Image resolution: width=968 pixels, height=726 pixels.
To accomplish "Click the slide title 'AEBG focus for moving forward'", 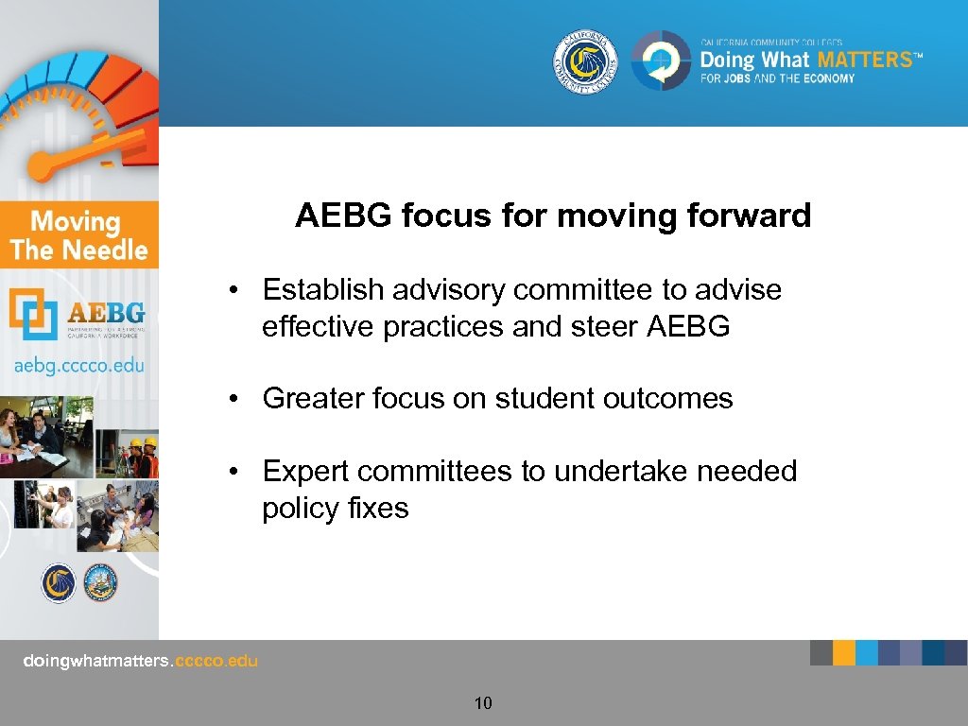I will click(553, 216).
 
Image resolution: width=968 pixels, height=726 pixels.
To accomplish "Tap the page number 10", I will click(483, 702).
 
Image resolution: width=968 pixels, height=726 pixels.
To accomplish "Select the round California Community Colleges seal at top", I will click(585, 61).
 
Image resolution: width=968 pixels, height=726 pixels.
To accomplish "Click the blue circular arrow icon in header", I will click(661, 61).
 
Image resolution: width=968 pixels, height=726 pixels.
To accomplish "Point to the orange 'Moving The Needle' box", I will click(78, 235).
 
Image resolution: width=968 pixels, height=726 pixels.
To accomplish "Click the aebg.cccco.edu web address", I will click(78, 365).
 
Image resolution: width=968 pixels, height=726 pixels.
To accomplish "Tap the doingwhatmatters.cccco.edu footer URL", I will click(140, 661).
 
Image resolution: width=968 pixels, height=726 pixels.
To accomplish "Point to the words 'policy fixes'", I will click(336, 508).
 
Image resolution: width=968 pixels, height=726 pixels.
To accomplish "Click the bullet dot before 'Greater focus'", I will click(232, 399).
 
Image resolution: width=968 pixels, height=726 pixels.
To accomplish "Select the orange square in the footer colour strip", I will click(844, 652).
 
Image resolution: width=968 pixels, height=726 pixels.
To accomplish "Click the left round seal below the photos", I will click(58, 582).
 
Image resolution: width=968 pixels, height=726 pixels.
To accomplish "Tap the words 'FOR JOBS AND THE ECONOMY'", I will click(777, 78).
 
